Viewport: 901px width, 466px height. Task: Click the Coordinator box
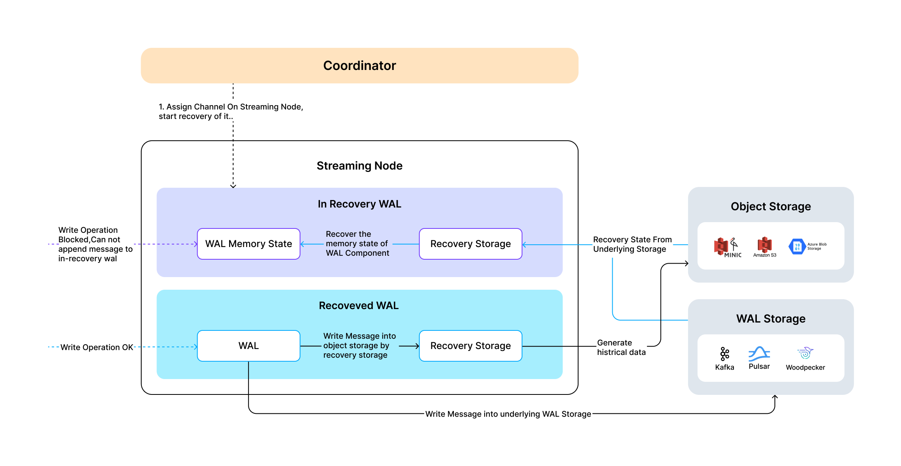click(x=359, y=66)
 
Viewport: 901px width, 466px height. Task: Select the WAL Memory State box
click(x=248, y=244)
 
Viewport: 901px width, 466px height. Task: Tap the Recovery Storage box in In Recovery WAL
click(x=470, y=244)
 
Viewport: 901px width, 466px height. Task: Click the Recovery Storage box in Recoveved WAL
click(x=470, y=346)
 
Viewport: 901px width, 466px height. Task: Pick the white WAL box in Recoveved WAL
click(x=248, y=346)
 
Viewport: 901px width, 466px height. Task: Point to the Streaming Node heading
click(x=359, y=166)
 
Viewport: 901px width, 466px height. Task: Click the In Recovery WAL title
click(x=359, y=204)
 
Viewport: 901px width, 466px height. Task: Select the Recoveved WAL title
click(x=359, y=306)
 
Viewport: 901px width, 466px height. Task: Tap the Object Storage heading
click(x=771, y=206)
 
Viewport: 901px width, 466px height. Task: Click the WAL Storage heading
click(x=771, y=319)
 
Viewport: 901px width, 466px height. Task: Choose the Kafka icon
click(x=724, y=354)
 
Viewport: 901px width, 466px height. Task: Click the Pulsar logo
click(x=759, y=353)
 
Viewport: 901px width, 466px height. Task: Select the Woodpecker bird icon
click(x=805, y=353)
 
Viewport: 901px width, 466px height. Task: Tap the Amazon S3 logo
click(x=765, y=245)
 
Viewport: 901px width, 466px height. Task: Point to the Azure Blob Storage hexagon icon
click(x=797, y=246)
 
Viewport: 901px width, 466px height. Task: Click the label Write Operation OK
click(x=97, y=347)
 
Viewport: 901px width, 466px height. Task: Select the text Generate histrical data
click(x=621, y=347)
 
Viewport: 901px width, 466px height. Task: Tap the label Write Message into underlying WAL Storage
click(x=508, y=414)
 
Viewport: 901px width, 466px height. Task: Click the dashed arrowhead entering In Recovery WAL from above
click(x=233, y=186)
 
